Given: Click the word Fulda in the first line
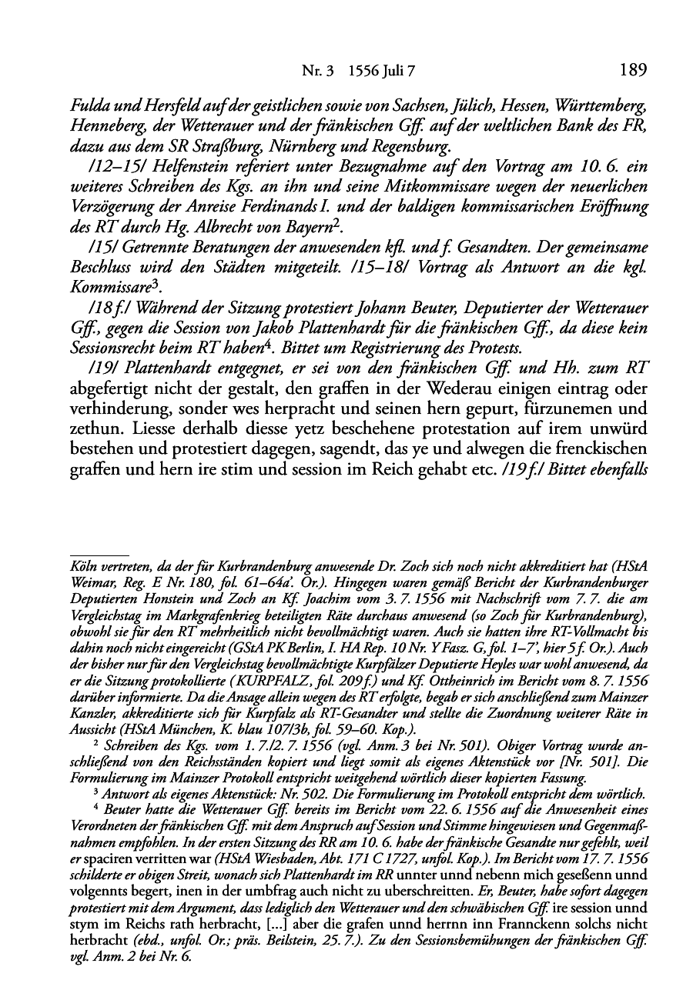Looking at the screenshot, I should [88, 105].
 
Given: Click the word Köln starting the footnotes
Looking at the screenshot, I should [82, 563].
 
